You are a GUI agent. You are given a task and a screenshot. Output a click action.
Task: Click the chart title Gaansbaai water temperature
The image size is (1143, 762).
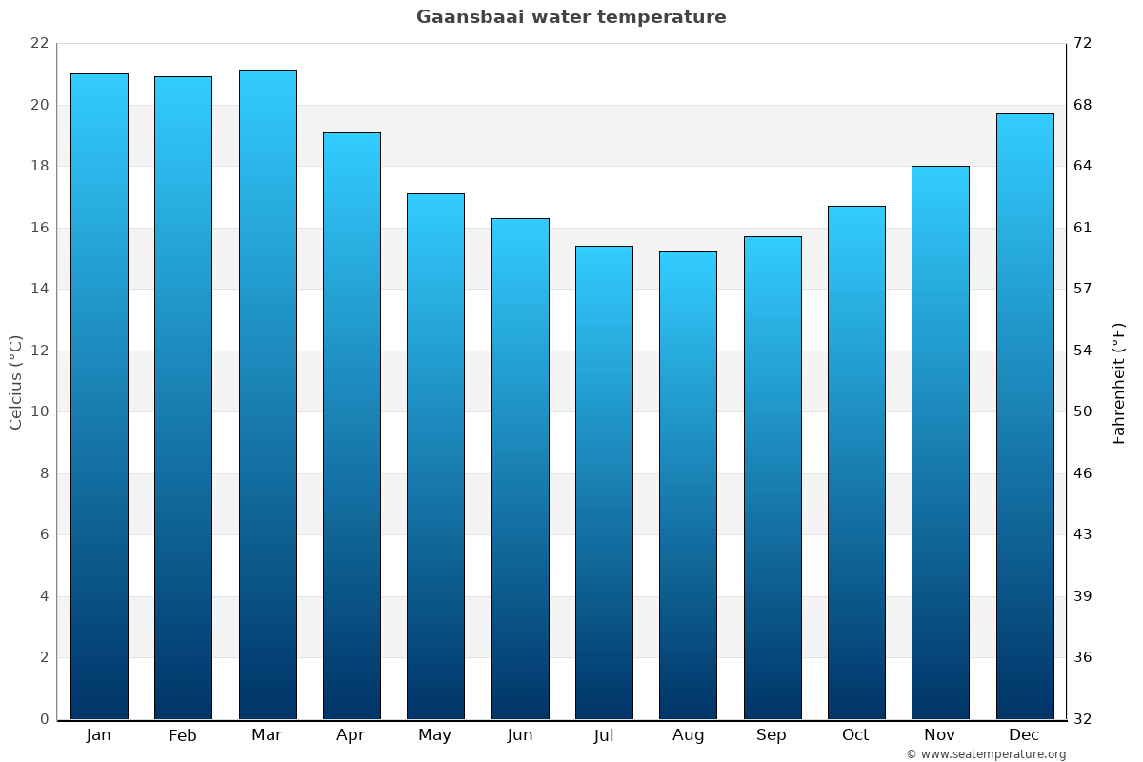(x=571, y=17)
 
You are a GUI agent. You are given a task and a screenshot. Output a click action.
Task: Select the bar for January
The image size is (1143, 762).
(x=99, y=396)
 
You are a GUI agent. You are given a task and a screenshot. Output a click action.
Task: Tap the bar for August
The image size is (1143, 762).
(x=688, y=486)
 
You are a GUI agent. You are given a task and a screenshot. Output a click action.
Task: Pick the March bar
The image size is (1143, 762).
(x=268, y=395)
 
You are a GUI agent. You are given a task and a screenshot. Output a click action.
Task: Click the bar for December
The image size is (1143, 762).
(x=1025, y=416)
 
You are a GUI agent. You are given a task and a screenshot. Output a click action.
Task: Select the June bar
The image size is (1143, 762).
(x=520, y=469)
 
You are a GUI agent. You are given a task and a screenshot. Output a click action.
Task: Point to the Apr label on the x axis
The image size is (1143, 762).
(x=351, y=735)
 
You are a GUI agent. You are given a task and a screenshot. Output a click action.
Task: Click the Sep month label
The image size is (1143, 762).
(x=772, y=735)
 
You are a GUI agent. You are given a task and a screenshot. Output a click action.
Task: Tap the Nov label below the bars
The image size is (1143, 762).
(x=940, y=735)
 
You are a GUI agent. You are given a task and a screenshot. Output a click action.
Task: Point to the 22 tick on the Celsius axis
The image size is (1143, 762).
(x=39, y=43)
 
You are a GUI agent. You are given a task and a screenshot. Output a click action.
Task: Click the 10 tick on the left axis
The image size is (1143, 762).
(x=39, y=411)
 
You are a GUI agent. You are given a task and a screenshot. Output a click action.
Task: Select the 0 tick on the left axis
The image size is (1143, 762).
(x=44, y=719)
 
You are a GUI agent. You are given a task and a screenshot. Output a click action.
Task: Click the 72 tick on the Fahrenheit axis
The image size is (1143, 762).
(x=1083, y=43)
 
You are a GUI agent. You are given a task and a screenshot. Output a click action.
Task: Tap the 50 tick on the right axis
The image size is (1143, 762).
(x=1083, y=411)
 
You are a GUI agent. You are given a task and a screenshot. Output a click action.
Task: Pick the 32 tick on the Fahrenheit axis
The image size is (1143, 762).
(x=1083, y=719)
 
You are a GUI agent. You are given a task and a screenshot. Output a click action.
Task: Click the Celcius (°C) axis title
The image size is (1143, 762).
(x=15, y=382)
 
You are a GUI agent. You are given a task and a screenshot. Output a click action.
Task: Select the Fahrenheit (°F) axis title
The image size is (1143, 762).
(x=1119, y=382)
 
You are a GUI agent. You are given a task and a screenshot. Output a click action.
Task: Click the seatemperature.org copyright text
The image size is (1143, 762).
(x=986, y=754)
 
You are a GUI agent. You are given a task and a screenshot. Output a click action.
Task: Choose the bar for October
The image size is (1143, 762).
(x=856, y=463)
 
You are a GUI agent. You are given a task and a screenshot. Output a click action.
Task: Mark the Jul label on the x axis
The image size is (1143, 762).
(x=604, y=735)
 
